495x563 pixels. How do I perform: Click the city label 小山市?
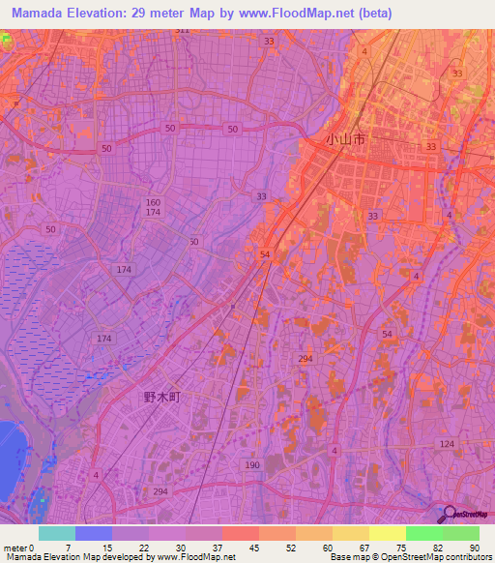tap(345, 140)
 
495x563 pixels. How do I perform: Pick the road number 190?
tap(252, 465)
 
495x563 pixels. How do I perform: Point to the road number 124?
tap(446, 444)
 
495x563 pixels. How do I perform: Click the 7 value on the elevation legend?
tap(67, 547)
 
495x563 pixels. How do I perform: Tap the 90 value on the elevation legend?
tap(474, 547)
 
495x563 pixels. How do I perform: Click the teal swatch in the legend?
tap(57, 533)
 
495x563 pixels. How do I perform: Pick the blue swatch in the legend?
tap(94, 533)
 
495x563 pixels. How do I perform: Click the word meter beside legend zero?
tap(14, 547)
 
